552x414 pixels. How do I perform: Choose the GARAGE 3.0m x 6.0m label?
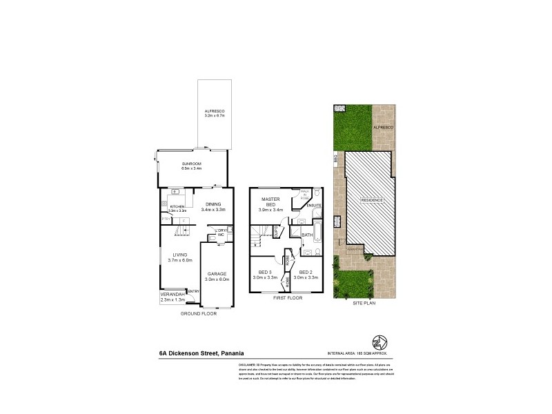tap(218, 275)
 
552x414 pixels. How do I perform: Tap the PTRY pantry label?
tap(166, 219)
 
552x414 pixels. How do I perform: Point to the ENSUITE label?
tap(315, 206)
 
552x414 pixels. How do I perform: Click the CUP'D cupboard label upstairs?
tap(275, 232)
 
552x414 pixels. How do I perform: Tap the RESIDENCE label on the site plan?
tap(372, 200)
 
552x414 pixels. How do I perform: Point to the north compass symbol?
tap(378, 343)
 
